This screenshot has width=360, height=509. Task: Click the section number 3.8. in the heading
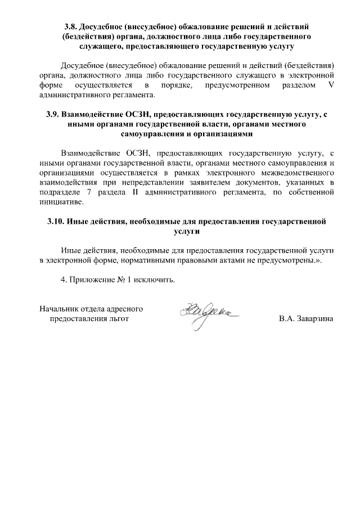(x=71, y=26)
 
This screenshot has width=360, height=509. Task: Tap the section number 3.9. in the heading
(x=54, y=114)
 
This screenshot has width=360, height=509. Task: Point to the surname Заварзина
(x=312, y=319)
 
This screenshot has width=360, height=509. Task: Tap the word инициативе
(x=61, y=202)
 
